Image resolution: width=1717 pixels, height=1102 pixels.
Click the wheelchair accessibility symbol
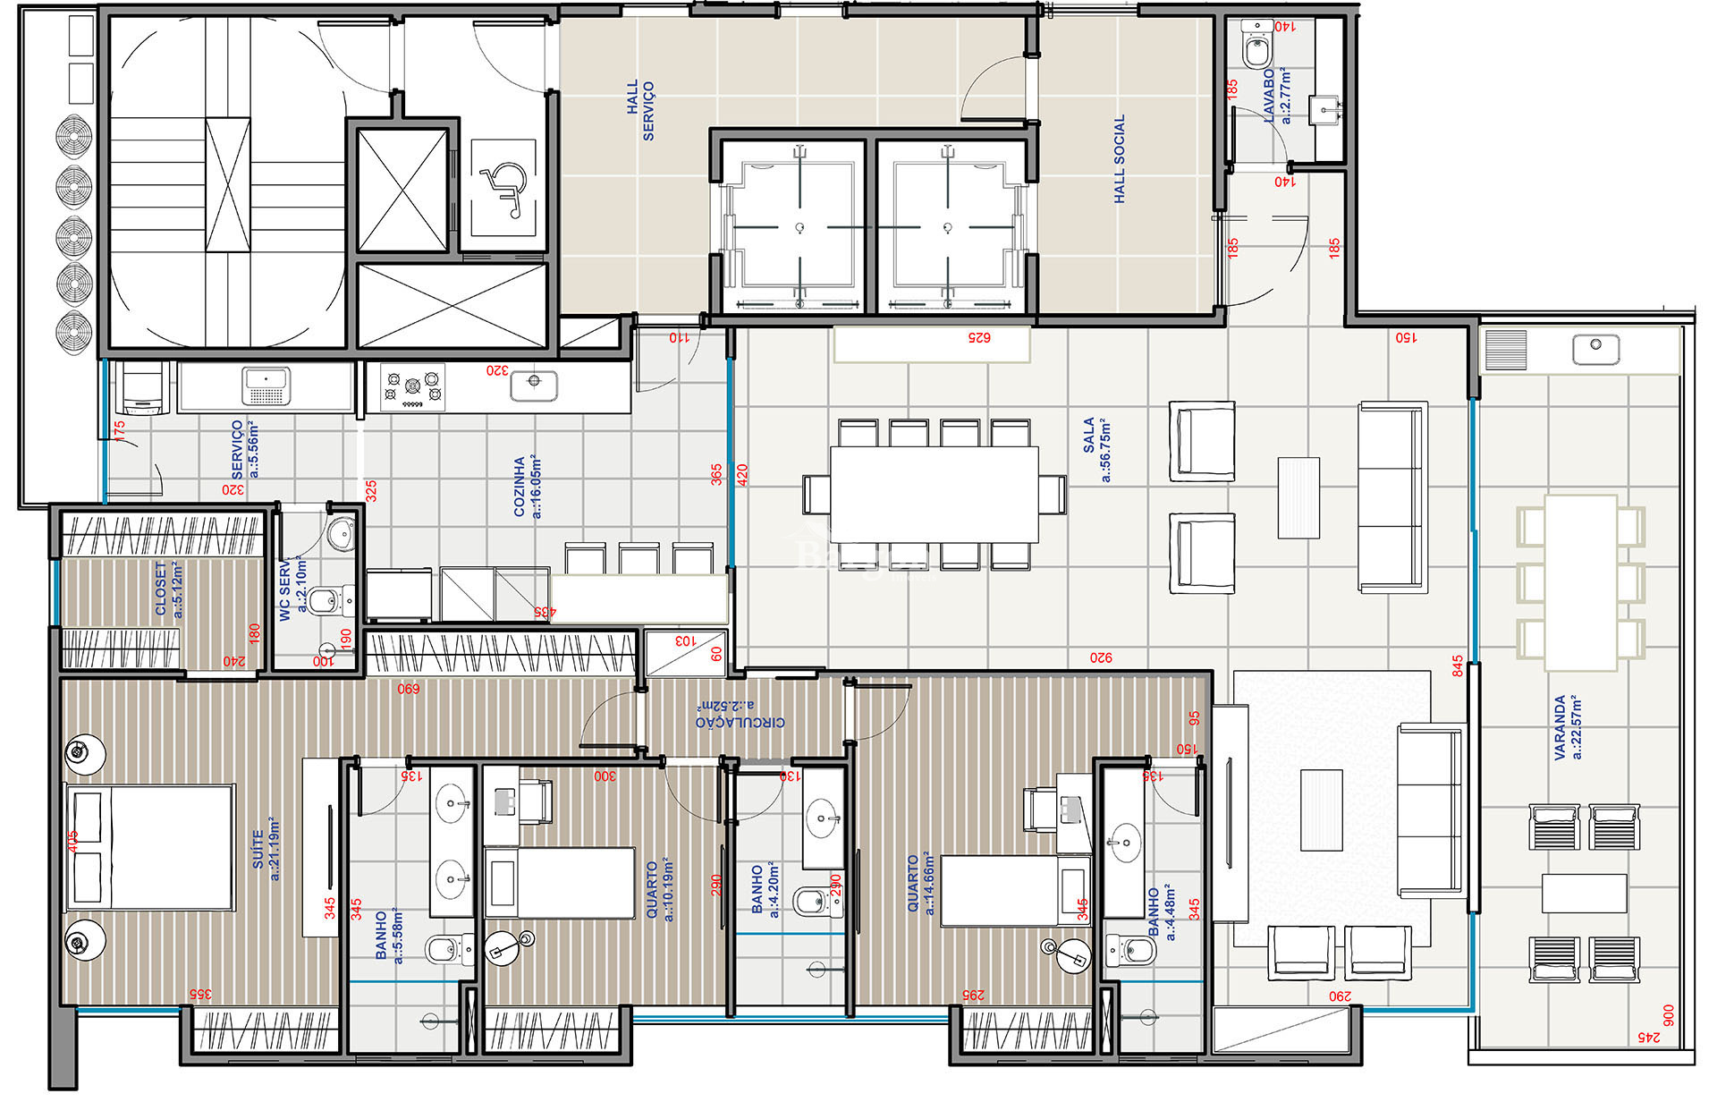[x=503, y=189]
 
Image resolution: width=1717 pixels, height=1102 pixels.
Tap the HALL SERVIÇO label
[x=640, y=111]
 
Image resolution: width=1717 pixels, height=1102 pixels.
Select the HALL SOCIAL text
[x=1120, y=159]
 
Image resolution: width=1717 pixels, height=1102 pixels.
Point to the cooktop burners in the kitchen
[x=412, y=387]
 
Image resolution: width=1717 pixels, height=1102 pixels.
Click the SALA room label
[x=1096, y=449]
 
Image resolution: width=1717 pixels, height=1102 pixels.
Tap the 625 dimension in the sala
[x=979, y=338]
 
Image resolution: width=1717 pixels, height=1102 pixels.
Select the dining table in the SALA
[x=934, y=494]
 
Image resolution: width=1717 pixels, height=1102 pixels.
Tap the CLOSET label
[x=168, y=589]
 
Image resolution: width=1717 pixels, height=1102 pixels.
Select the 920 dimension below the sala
[x=1101, y=658]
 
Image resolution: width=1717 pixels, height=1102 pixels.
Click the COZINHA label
[x=527, y=487]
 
